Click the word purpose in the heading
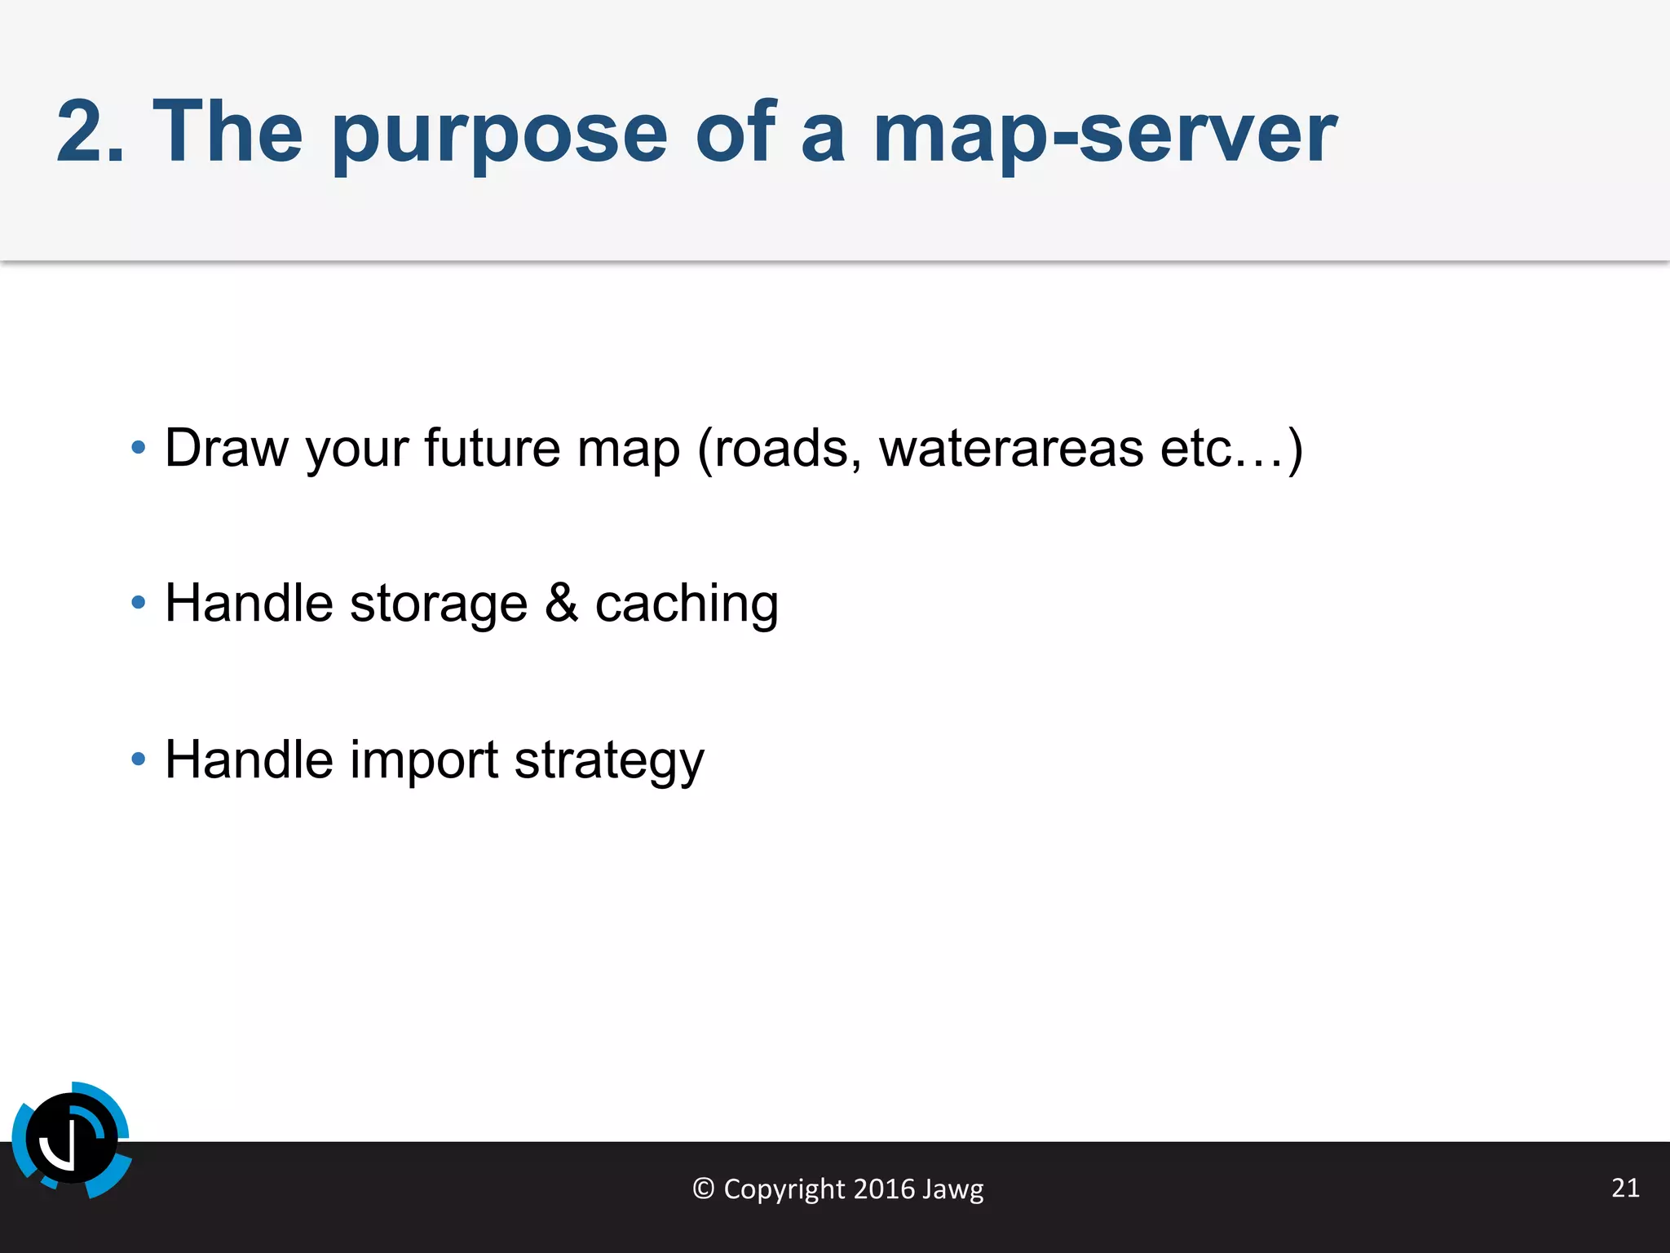[x=499, y=135]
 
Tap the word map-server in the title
[x=1104, y=135]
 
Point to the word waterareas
[x=1011, y=448]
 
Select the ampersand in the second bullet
[x=561, y=603]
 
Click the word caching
[x=687, y=604]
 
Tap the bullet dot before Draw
[x=139, y=447]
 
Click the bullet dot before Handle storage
[x=139, y=603]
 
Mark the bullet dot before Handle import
[x=139, y=759]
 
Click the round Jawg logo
[x=72, y=1140]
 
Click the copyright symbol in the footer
[x=703, y=1189]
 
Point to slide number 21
[x=1625, y=1187]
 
